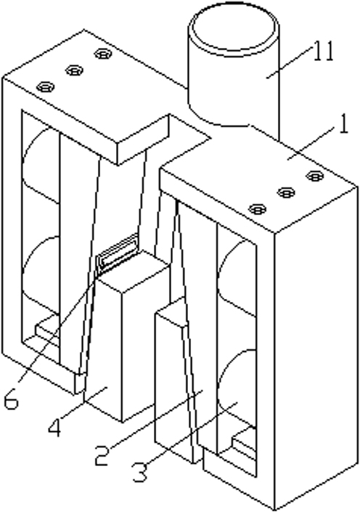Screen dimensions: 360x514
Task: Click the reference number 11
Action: point(323,52)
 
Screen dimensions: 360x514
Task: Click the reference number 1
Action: point(343,124)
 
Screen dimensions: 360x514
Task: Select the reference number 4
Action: point(54,426)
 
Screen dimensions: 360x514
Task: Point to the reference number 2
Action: point(102,455)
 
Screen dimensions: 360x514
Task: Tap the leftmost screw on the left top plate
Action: point(45,87)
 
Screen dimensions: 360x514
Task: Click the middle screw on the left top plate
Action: point(74,70)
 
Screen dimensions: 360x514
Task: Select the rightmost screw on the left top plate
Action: point(103,53)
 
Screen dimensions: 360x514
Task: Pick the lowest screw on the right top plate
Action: point(258,208)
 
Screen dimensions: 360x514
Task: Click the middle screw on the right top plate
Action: point(286,192)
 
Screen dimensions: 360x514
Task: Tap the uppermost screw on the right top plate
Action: point(315,176)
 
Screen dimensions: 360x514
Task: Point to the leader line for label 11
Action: point(289,61)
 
